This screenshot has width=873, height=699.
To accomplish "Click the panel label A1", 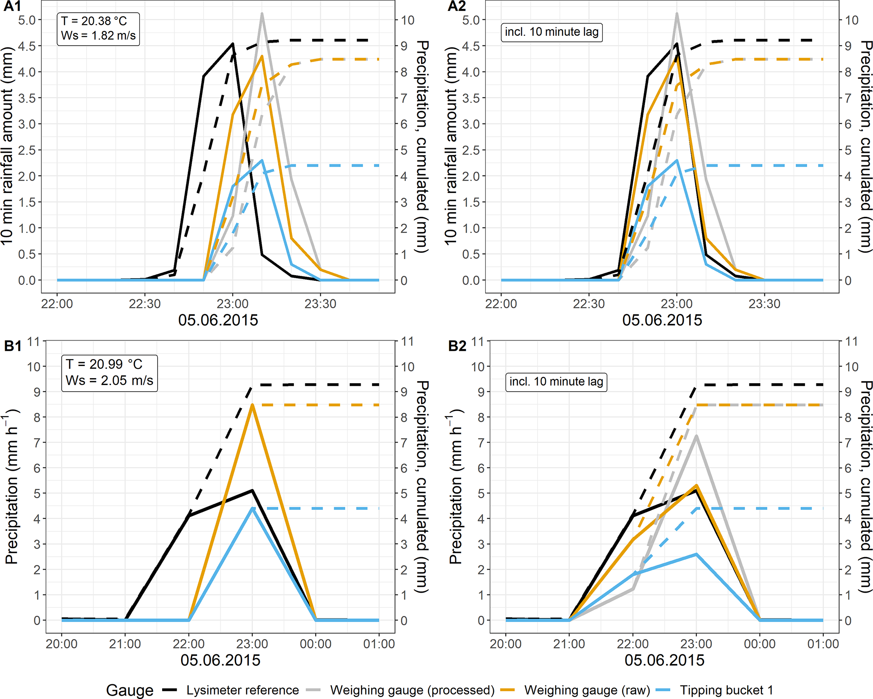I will click(x=12, y=6).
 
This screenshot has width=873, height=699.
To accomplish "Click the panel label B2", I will click(x=457, y=346).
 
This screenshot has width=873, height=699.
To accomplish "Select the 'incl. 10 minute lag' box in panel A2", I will click(x=552, y=32).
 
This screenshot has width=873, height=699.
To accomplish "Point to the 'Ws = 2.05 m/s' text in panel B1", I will click(x=109, y=380).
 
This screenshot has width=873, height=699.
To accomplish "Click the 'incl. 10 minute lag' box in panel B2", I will click(x=556, y=382).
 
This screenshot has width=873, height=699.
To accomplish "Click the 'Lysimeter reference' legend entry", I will click(x=242, y=690).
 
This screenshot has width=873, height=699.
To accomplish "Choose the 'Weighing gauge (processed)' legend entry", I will click(x=412, y=690).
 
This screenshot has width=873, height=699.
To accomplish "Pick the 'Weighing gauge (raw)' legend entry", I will click(x=587, y=690).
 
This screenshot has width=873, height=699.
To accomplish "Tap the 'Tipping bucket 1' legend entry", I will click(x=726, y=690).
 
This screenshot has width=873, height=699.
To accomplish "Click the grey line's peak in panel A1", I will click(x=262, y=14).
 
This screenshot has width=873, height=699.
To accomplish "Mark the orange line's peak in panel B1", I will click(x=252, y=405).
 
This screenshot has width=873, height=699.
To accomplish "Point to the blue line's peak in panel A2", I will click(x=677, y=160).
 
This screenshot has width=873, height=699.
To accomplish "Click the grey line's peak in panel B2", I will click(x=696, y=436).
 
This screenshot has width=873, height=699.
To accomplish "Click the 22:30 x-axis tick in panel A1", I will click(x=144, y=304).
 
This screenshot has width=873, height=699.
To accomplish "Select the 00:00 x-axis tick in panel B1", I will click(x=315, y=644).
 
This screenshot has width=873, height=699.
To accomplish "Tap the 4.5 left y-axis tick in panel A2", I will click(x=471, y=46).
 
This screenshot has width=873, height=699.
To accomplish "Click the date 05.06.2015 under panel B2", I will click(x=664, y=660).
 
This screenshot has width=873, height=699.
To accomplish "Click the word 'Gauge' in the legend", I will click(x=130, y=690).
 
